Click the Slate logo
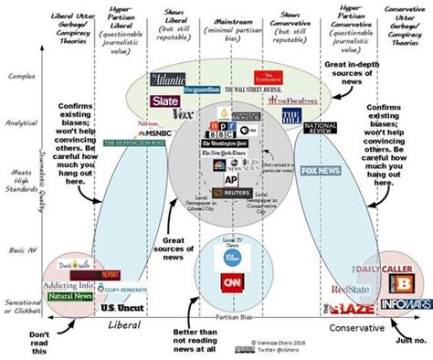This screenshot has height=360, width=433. (165, 101)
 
